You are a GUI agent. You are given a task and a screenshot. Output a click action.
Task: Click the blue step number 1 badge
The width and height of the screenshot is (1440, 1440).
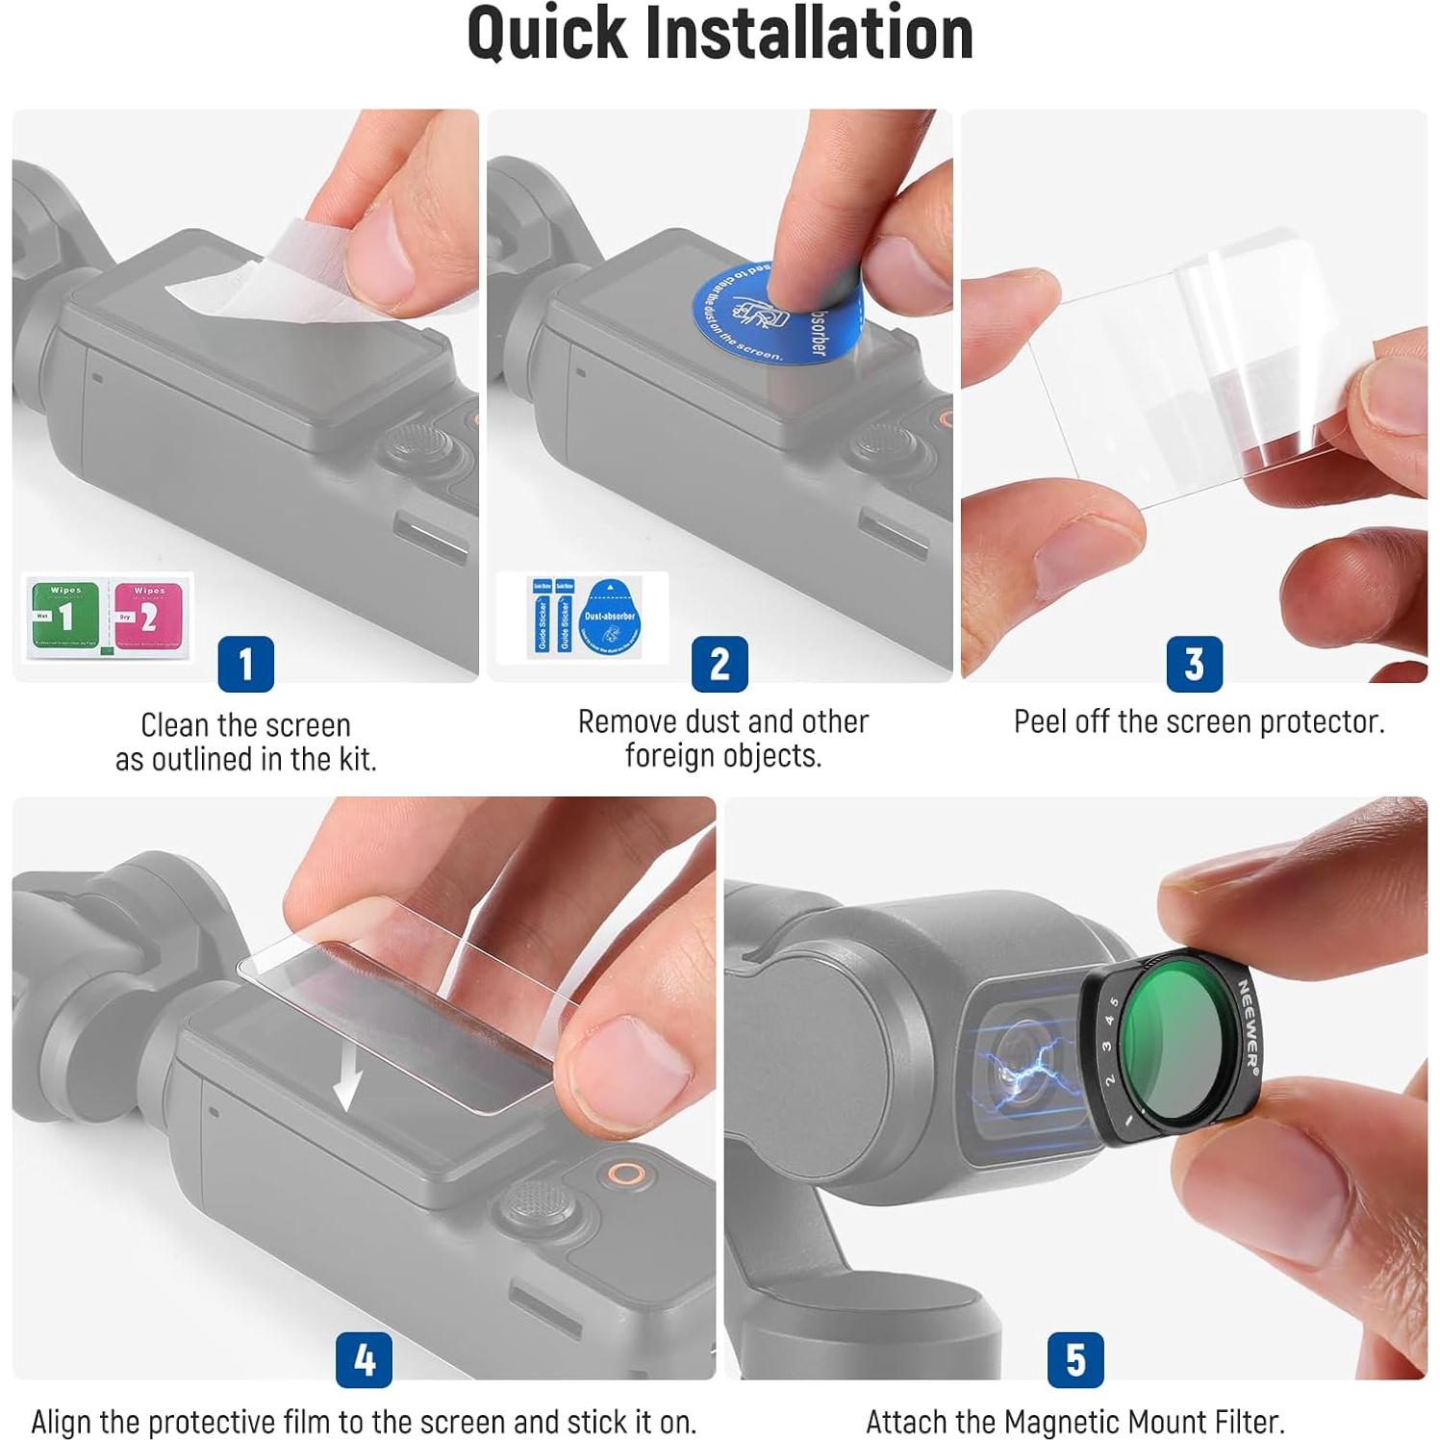[245, 664]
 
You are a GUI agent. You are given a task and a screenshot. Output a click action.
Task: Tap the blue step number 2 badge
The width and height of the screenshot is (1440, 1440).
[720, 664]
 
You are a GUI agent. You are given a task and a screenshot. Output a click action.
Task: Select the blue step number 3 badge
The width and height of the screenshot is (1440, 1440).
[1194, 664]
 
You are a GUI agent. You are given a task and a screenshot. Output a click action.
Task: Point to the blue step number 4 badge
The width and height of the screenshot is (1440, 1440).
[364, 1359]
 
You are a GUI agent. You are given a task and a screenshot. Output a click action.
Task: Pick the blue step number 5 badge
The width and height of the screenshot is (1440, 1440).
[1075, 1359]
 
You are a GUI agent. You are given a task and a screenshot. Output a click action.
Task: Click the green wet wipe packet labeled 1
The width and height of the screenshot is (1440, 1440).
[64, 616]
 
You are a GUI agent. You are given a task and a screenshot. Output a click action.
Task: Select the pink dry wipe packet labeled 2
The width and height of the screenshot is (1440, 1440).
[148, 616]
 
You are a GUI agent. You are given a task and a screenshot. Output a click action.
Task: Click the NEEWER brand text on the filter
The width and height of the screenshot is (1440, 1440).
[1247, 1024]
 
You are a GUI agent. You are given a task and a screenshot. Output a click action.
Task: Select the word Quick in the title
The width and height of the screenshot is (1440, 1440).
[545, 34]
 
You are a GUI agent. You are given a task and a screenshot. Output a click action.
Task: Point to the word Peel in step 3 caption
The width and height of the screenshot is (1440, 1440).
[1037, 721]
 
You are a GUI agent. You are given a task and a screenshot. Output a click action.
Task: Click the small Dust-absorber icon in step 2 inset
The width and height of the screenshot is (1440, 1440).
[610, 616]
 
